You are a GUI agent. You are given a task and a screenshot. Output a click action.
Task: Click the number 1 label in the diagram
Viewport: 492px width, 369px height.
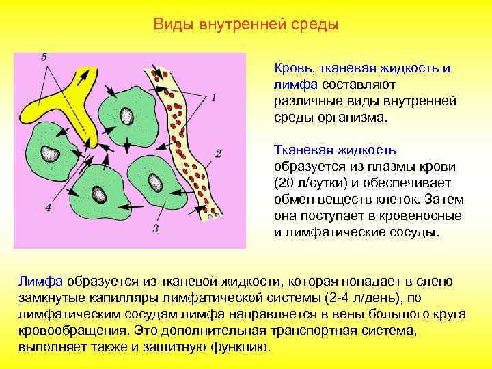tap(213, 98)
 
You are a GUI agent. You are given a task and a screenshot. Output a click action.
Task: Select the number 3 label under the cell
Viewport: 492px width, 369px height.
tap(156, 228)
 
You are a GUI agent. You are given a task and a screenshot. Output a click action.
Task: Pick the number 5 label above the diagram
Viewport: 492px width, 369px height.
tap(43, 57)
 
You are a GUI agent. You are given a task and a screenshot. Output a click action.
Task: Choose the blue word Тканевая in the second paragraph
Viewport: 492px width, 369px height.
tap(301, 150)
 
